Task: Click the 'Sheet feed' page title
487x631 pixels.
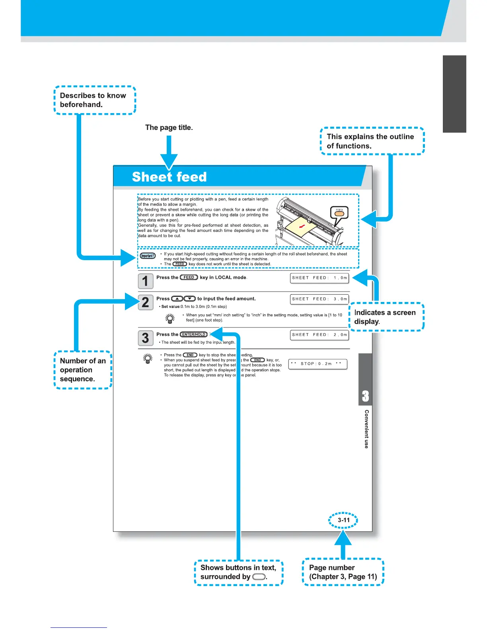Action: pyautogui.click(x=169, y=176)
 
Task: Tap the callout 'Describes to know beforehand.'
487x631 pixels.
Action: pyautogui.click(x=95, y=100)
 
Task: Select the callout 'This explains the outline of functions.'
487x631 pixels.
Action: pyautogui.click(x=372, y=141)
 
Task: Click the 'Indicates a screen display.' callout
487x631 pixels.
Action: pyautogui.click(x=386, y=317)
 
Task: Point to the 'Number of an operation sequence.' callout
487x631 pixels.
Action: pyautogui.click(x=83, y=370)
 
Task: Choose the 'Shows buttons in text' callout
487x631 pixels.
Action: pyautogui.click(x=238, y=572)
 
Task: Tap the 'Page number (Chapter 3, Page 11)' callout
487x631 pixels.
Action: pyautogui.click(x=343, y=572)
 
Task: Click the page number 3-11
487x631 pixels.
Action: pyautogui.click(x=343, y=520)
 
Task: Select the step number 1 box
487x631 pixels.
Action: pyautogui.click(x=145, y=281)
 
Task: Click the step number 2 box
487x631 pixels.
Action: pyautogui.click(x=145, y=302)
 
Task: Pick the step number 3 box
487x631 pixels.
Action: pyautogui.click(x=145, y=338)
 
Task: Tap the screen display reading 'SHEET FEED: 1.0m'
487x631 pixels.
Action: pyautogui.click(x=319, y=278)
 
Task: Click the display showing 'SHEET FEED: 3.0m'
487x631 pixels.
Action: pyautogui.click(x=319, y=299)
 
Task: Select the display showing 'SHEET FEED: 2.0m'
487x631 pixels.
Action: pyautogui.click(x=319, y=335)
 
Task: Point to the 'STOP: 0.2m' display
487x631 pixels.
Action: pyautogui.click(x=318, y=364)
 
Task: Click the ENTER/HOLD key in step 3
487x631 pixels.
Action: pyautogui.click(x=194, y=334)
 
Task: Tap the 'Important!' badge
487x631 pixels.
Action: pyautogui.click(x=148, y=256)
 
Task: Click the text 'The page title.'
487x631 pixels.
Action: pyautogui.click(x=169, y=127)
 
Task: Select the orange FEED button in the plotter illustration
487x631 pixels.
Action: pyautogui.click(x=339, y=214)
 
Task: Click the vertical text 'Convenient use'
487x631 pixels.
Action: pyautogui.click(x=366, y=429)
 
